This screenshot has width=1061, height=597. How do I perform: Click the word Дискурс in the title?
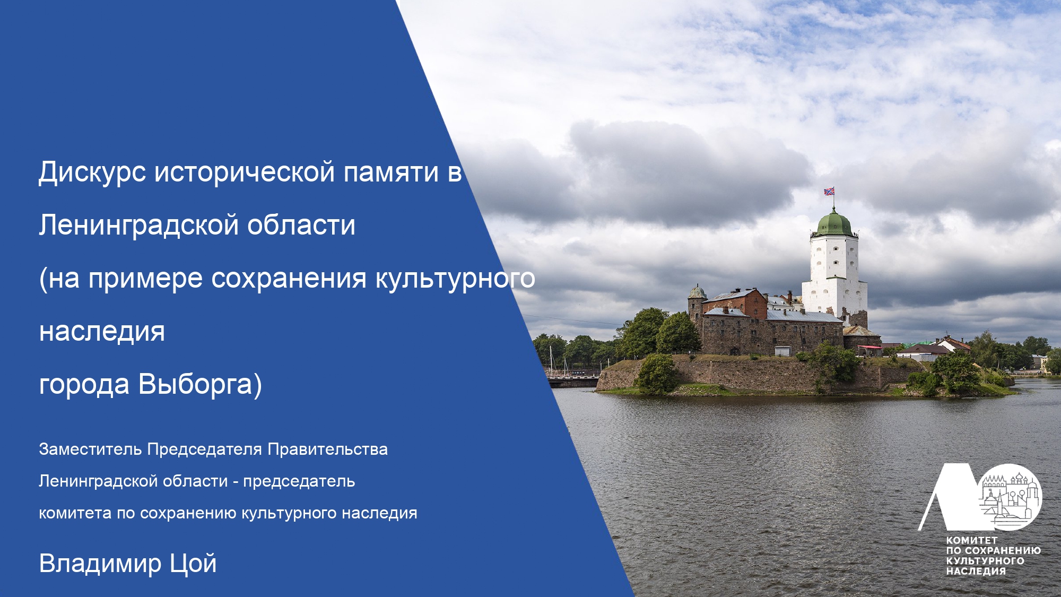(92, 172)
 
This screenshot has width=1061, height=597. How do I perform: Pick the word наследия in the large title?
(102, 332)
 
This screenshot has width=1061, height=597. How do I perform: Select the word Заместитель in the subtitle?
(90, 449)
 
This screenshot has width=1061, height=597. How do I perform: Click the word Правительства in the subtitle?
(327, 449)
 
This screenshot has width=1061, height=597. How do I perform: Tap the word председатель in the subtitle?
(299, 481)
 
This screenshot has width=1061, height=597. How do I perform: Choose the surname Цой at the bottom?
(193, 564)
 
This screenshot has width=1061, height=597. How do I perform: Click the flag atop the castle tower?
(829, 191)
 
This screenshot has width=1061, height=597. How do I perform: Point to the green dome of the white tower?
(834, 223)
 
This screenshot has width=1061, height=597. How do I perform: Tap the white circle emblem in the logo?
(1010, 497)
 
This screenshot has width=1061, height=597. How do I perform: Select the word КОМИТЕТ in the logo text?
(972, 540)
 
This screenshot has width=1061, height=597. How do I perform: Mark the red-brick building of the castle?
(735, 305)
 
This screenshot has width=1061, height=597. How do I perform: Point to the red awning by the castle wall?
(869, 348)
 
